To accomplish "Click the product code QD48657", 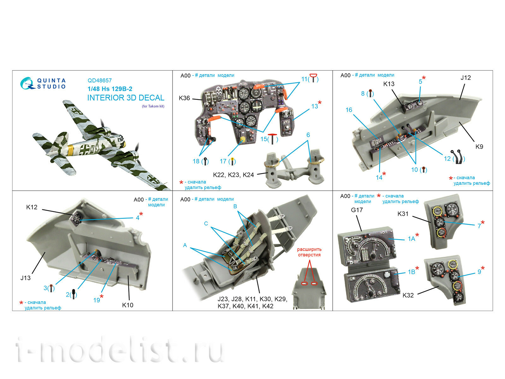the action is point(99,80).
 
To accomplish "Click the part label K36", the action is point(184,98).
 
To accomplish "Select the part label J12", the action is point(466,78).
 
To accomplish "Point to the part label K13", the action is point(389,84).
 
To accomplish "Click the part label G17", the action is point(357,210).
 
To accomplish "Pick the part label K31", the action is point(403,214).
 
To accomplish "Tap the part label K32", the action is point(408,295).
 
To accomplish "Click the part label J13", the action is point(25,278).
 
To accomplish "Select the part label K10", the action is point(128,305).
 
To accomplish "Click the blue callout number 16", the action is point(349,110).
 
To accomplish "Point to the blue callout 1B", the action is point(411,272).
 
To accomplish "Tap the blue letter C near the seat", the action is point(206,223).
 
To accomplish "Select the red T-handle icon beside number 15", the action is point(272,139).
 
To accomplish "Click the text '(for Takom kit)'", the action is point(153,106).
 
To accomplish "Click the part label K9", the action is point(479,147).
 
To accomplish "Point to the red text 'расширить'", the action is point(309,249).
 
